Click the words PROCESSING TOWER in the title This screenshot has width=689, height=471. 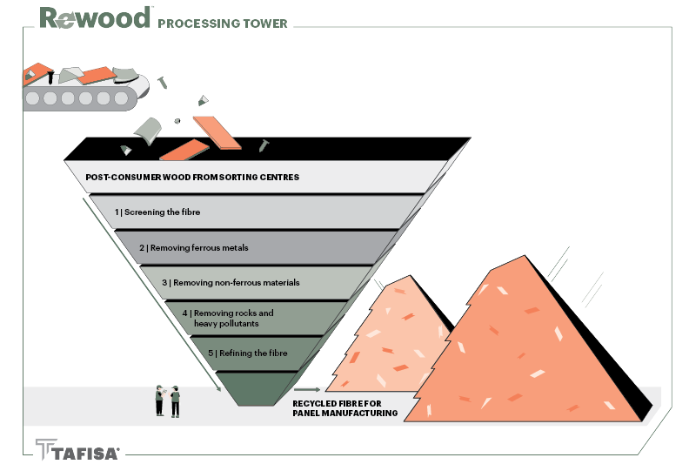(223, 23)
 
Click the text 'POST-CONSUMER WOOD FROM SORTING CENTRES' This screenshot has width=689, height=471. (192, 178)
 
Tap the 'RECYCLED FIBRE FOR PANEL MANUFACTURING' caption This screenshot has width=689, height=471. (344, 408)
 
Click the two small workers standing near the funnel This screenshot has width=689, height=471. (167, 400)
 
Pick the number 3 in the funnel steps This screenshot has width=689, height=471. (164, 283)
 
